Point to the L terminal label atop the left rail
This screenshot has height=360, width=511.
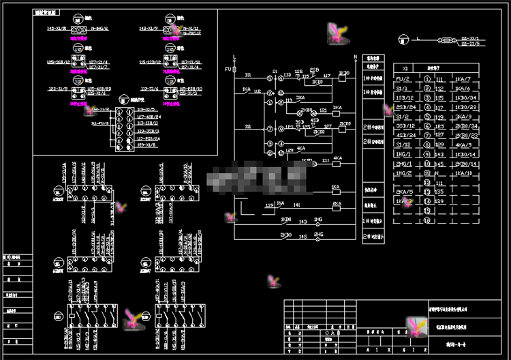pyautogui.click(x=234, y=55)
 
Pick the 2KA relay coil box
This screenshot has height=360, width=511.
pyautogui.click(x=336, y=205)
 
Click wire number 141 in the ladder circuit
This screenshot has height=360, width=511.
pyautogui.click(x=296, y=205)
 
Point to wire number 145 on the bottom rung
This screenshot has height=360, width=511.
pyautogui.click(x=302, y=237)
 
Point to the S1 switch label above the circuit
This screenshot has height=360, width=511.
pyautogui.click(x=275, y=70)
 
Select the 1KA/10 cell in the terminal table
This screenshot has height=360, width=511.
pyautogui.click(x=463, y=174)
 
